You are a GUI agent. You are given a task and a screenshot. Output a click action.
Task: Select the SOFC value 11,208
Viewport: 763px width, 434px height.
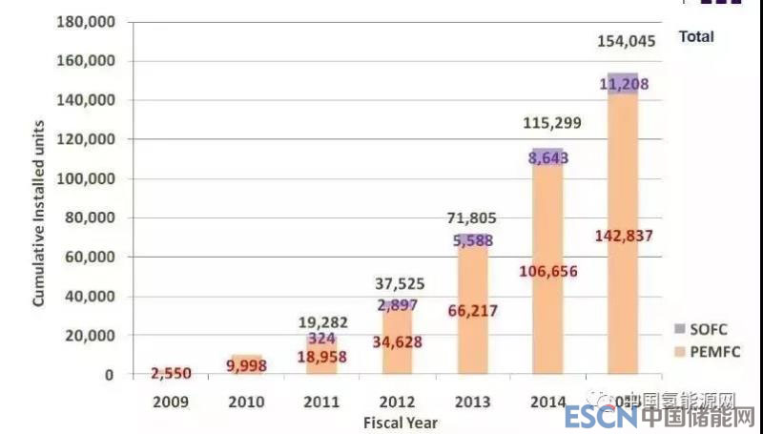(625, 84)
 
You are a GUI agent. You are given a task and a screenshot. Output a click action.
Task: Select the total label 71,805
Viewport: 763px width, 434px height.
(472, 219)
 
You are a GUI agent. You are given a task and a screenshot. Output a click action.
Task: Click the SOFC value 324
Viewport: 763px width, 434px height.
(322, 339)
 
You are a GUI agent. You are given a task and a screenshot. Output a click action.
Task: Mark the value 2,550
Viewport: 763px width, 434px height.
(172, 372)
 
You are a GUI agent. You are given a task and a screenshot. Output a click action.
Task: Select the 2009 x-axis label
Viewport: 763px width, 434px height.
(172, 403)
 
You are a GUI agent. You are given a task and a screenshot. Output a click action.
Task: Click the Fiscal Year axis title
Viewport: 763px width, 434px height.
(401, 422)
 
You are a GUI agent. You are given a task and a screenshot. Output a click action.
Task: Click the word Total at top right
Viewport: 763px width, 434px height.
(696, 36)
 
